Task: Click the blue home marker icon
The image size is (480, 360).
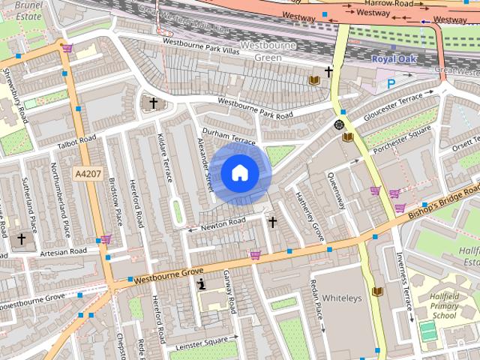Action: (x=238, y=173)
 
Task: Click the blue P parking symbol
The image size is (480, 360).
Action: (x=391, y=84)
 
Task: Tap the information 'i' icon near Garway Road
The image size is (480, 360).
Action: (x=201, y=284)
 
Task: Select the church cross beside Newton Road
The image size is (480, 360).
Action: (x=272, y=222)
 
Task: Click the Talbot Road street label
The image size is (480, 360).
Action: (x=77, y=142)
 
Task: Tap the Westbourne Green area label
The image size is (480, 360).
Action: (x=268, y=51)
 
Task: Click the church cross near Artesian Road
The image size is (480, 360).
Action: (x=21, y=238)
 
